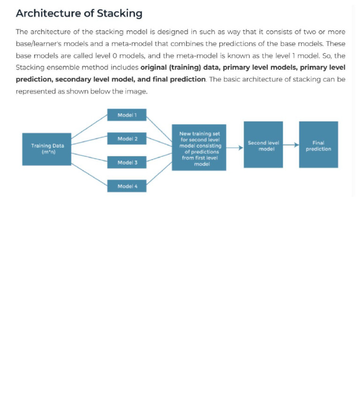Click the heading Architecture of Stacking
pyautogui.click(x=79, y=13)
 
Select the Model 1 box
pyautogui.click(x=127, y=115)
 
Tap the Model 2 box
pyautogui.click(x=127, y=139)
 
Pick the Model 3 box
pyautogui.click(x=127, y=162)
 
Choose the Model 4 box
pyautogui.click(x=127, y=186)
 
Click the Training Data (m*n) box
pyautogui.click(x=47, y=149)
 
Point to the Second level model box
pyautogui.click(x=263, y=145)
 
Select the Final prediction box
pyautogui.click(x=318, y=145)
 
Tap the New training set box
pyautogui.click(x=199, y=148)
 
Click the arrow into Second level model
pyautogui.click(x=235, y=148)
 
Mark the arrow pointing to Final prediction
pyautogui.click(x=291, y=145)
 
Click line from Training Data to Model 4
pyautogui.click(x=89, y=175)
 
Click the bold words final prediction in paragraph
pyautogui.click(x=179, y=79)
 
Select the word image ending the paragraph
pyautogui.click(x=136, y=91)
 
